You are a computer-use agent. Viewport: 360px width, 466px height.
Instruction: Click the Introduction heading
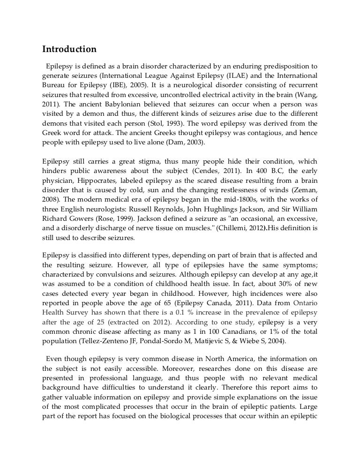coord(69,49)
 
